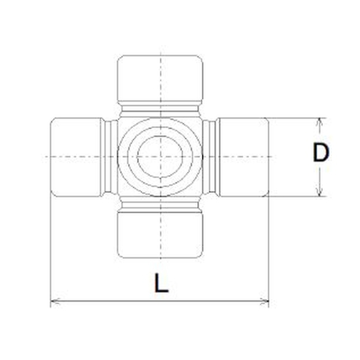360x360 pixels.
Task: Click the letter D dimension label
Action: point(321,152)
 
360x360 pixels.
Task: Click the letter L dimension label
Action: point(162,283)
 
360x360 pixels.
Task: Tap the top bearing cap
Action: point(160,78)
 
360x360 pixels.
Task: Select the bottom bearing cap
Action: point(160,235)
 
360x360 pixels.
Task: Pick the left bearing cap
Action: point(76,157)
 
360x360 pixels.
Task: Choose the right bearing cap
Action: point(243,157)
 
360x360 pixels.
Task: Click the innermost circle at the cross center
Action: point(160,157)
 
